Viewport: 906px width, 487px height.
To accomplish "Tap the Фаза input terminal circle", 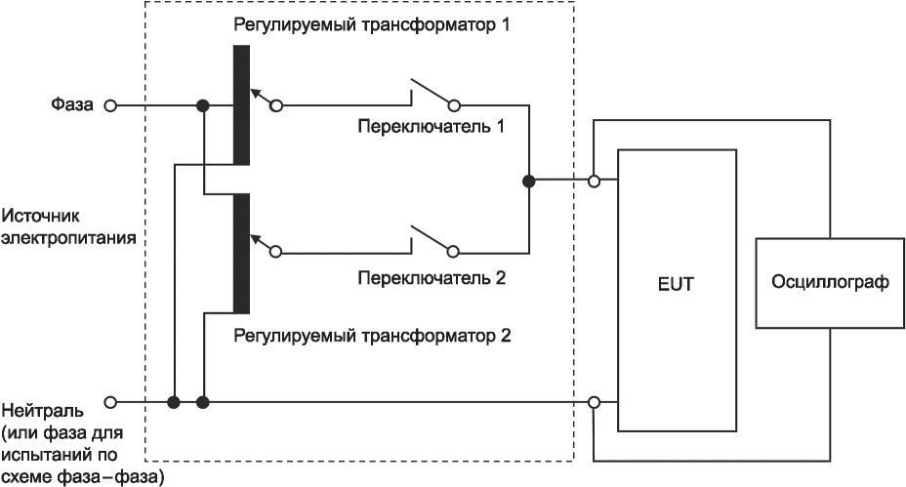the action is (109, 105).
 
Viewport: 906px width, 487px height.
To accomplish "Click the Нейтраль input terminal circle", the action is (109, 401).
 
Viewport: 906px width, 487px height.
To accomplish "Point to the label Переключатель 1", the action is (432, 126).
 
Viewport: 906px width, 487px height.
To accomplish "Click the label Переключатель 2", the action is (432, 278).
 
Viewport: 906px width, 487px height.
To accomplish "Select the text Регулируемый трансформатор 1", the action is (372, 24).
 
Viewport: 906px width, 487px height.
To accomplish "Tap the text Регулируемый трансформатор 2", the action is (372, 336).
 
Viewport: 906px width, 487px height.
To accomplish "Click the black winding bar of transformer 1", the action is (241, 104).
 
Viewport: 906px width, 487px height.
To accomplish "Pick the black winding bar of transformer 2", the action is (241, 254).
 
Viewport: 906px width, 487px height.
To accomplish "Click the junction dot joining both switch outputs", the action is (529, 182).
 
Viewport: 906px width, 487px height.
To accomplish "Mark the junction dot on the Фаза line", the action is (203, 105).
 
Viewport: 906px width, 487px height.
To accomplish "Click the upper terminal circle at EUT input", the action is (594, 182).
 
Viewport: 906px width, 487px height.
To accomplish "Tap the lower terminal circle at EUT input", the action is (594, 401).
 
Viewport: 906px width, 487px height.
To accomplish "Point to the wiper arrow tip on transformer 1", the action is (251, 90).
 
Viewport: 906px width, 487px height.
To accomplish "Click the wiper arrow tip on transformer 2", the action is (251, 236).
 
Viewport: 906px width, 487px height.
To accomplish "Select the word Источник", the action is (40, 216).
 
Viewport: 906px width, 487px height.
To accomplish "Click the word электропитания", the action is (68, 237).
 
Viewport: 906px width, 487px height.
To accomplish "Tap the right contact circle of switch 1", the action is (454, 105).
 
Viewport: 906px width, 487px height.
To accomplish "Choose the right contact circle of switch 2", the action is (454, 252).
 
